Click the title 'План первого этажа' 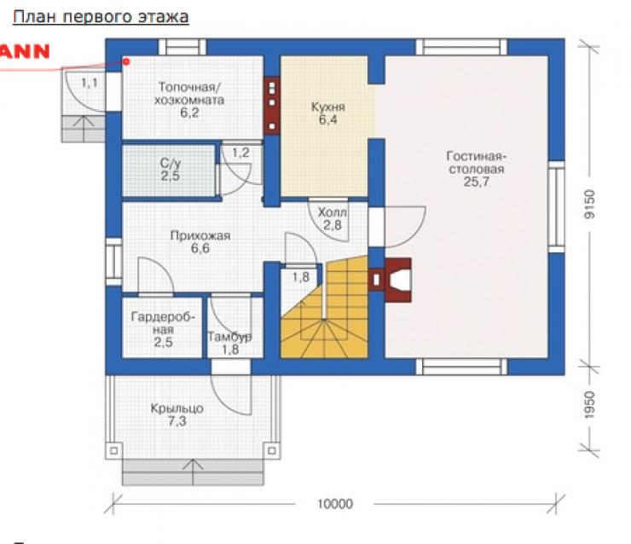click(101, 17)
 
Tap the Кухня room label click(328, 107)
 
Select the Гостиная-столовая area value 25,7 click(476, 182)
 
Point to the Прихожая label click(200, 235)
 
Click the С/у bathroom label click(171, 164)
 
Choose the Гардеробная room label click(163, 323)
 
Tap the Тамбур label click(229, 337)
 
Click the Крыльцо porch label click(177, 408)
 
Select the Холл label click(333, 212)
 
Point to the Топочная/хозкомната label click(189, 93)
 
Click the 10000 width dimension click(335, 504)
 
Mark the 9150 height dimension click(589, 204)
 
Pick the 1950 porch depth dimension click(589, 404)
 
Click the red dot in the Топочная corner click(126, 61)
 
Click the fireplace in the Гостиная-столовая click(390, 280)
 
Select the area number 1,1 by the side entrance click(90, 83)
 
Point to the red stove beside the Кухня click(272, 105)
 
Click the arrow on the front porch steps click(193, 472)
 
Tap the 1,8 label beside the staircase click(301, 277)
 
